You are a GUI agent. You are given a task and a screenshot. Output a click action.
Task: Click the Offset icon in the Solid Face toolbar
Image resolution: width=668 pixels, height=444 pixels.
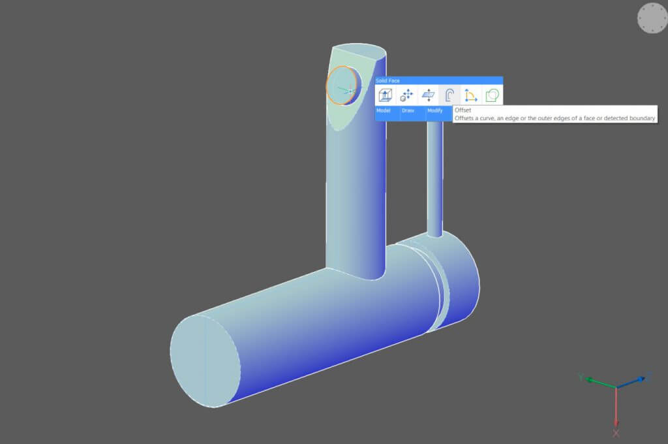pyautogui.click(x=449, y=95)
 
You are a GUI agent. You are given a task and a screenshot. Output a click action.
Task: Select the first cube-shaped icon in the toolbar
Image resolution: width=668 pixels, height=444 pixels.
pyautogui.click(x=386, y=95)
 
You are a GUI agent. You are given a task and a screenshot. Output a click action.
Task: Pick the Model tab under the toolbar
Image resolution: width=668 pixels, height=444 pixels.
pyautogui.click(x=384, y=110)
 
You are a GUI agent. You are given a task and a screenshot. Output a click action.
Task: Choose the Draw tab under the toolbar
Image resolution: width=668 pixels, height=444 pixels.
pyautogui.click(x=408, y=110)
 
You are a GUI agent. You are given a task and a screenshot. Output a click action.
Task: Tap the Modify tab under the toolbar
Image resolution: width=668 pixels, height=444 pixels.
pyautogui.click(x=434, y=110)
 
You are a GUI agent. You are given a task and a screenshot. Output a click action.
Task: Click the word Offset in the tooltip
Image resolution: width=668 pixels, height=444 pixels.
pyautogui.click(x=463, y=111)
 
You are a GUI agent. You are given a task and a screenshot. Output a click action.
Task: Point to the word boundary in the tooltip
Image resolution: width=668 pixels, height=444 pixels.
pyautogui.click(x=640, y=118)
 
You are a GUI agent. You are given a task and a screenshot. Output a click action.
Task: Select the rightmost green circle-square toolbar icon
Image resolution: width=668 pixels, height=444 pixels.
pyautogui.click(x=493, y=95)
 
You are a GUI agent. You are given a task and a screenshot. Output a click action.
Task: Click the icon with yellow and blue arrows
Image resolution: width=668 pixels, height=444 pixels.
pyautogui.click(x=470, y=95)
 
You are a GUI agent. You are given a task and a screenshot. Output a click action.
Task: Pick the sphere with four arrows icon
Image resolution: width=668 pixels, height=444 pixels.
pyautogui.click(x=407, y=95)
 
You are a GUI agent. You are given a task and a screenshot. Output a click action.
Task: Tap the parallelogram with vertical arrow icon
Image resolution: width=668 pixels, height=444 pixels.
pyautogui.click(x=428, y=95)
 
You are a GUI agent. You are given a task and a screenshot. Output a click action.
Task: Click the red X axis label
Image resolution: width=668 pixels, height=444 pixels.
pyautogui.click(x=616, y=433)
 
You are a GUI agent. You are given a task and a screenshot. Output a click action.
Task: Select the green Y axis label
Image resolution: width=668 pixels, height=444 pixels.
pyautogui.click(x=581, y=377)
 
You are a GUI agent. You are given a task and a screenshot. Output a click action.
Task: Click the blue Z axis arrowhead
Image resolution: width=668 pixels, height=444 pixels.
pyautogui.click(x=647, y=377)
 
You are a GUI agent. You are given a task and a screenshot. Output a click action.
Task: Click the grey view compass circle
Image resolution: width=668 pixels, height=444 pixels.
pyautogui.click(x=652, y=18)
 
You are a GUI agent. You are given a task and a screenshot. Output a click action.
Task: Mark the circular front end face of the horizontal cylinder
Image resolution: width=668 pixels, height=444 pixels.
pyautogui.click(x=205, y=360)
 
